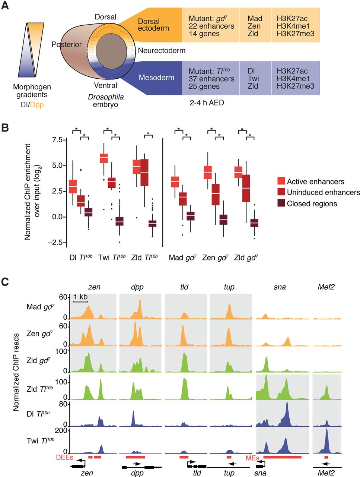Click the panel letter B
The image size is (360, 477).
coord(5,128)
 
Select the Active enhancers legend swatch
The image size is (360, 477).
coord(281,181)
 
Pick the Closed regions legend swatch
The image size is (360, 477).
coord(281,203)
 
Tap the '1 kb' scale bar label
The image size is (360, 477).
coord(80,297)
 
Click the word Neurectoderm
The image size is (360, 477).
coord(162,50)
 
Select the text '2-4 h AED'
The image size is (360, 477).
coord(207,102)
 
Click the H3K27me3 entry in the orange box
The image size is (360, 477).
coord(295,34)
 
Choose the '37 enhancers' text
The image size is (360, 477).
coord(211,79)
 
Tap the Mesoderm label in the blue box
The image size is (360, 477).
coord(156,78)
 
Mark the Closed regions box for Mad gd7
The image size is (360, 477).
coord(191,216)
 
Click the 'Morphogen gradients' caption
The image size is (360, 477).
coord(32,91)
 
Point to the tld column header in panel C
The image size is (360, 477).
coord(184,287)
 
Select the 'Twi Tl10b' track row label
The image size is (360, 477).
coord(40,440)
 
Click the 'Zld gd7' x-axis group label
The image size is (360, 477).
coord(246,258)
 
